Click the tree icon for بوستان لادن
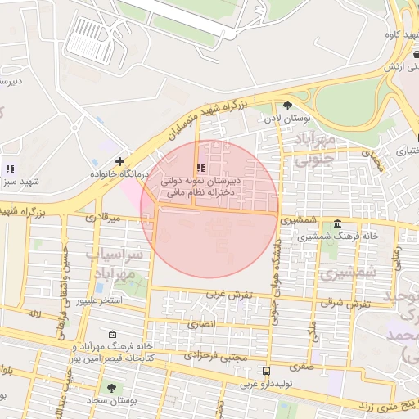[287, 106]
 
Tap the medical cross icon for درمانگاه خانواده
[120, 161]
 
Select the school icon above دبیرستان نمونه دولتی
[200, 168]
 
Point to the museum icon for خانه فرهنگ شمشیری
[337, 223]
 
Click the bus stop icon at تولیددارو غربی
[265, 371]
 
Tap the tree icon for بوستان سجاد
[111, 388]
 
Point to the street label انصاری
[202, 324]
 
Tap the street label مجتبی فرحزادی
[214, 354]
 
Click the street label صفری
[300, 367]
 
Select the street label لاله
[34, 313]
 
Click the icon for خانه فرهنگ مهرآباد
[112, 334]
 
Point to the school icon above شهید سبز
[10, 169]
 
